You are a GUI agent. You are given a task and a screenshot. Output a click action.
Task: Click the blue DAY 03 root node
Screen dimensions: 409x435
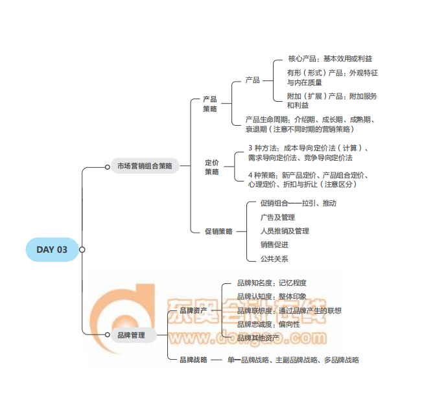pos(51,250)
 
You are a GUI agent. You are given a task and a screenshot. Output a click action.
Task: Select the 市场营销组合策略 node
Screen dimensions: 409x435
pos(145,167)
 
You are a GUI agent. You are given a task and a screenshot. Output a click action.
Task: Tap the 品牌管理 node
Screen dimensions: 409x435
pos(132,335)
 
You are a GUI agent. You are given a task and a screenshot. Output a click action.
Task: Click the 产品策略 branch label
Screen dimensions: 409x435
pos(209,104)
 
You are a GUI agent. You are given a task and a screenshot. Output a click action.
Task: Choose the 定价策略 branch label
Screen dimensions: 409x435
pos(212,167)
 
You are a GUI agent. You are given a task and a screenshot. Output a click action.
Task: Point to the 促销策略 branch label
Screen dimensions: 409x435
pos(218,231)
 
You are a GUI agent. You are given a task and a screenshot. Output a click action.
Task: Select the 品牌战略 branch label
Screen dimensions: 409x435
pos(193,360)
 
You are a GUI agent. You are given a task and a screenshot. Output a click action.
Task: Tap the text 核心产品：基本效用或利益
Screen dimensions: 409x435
pos(330,59)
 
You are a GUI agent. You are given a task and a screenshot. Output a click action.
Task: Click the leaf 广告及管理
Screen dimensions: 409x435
pos(277,217)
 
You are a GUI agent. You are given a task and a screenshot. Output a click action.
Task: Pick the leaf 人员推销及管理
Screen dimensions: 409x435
pos(285,231)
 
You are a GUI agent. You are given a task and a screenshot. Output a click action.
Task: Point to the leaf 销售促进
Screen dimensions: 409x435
pos(274,244)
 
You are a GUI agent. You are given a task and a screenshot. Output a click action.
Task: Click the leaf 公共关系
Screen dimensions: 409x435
pos(274,259)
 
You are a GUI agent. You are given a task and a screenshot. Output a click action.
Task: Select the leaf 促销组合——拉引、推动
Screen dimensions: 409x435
pos(298,203)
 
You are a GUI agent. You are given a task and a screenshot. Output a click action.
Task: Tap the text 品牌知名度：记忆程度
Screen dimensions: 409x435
pos(272,283)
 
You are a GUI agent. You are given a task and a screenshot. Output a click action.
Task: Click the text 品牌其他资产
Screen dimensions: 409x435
pos(259,338)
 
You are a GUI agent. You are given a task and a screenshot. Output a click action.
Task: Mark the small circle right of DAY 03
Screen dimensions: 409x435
pos(82,250)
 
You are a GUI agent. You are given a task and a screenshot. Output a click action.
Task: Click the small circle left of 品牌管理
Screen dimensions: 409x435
pos(108,334)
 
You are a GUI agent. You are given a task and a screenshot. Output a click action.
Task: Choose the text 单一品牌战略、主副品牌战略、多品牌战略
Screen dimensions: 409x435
pos(293,360)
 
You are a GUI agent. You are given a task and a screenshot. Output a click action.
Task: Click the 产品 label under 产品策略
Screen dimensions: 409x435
pos(252,80)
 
